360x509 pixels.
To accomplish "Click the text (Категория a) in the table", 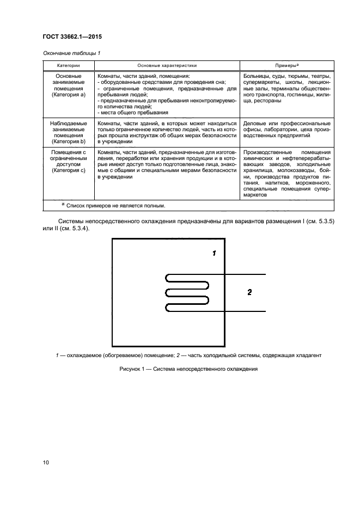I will coord(69,94).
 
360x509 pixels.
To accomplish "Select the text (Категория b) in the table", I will coord(69,137).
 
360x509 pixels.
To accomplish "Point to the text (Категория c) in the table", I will coord(69,170).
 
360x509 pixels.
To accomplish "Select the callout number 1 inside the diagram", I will coord(214,253).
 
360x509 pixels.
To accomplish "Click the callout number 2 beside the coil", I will coord(249,292).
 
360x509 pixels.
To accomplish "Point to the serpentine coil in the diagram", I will coord(187,293).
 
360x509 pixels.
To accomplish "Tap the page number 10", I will coord(46,462).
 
